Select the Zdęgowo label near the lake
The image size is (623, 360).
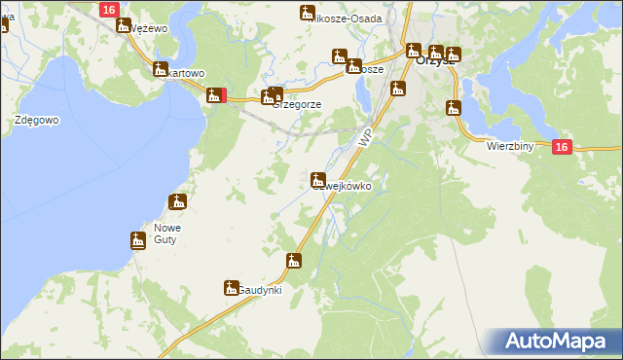tap(38, 120)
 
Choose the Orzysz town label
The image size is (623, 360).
tap(434, 59)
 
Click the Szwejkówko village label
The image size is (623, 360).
tap(342, 185)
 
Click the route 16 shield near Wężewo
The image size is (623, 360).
tap(109, 9)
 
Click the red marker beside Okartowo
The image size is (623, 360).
tap(225, 94)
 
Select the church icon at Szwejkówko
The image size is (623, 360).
tap(317, 179)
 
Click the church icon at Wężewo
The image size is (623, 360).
tap(124, 24)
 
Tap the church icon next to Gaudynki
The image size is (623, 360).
tap(231, 287)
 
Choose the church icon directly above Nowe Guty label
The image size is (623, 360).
tap(177, 202)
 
